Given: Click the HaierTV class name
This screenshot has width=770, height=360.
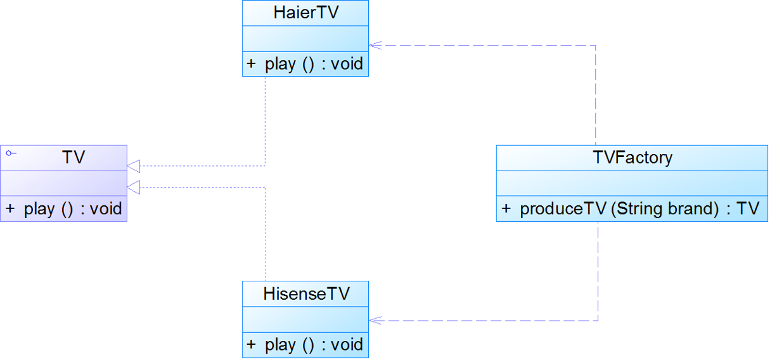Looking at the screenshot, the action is [306, 13].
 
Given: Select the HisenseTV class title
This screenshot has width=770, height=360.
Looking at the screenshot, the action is [306, 293].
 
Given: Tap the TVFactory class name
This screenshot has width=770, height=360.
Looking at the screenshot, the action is [632, 157].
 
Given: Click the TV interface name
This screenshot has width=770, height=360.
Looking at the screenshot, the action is [74, 157].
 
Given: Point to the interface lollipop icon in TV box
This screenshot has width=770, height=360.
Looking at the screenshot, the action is [11, 153].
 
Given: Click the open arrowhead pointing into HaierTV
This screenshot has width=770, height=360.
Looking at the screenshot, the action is [375, 46].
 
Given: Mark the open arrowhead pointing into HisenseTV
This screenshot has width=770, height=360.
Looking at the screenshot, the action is [375, 321].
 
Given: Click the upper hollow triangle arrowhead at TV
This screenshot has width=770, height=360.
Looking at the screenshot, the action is [134, 166].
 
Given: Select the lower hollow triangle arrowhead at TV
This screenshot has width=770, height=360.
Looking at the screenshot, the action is [134, 188].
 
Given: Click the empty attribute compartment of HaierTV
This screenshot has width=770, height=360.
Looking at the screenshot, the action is [305, 39].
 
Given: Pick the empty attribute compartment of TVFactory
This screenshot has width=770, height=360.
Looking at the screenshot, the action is [632, 183].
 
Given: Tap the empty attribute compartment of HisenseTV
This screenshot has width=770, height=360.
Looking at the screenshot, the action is [305, 319].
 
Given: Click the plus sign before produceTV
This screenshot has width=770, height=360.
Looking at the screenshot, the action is [506, 209].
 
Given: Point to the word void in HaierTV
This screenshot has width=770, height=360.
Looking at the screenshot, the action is [347, 63].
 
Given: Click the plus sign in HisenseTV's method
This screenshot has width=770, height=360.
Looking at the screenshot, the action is [252, 344].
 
